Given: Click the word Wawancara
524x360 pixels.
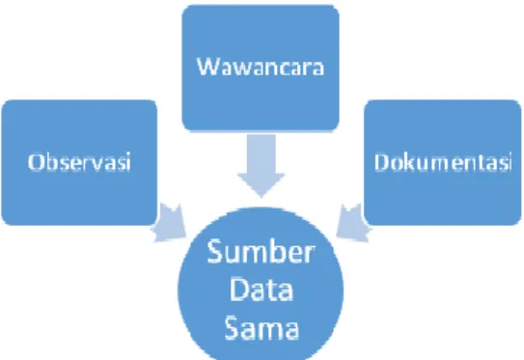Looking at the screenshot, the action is pos(261,67).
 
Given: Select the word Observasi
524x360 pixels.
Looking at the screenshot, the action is pos(79,162).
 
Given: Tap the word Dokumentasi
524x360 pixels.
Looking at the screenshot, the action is pos(443,162).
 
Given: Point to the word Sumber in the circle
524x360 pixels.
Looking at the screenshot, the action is pos(261,251).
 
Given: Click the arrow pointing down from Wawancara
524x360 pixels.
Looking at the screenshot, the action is pos(262,165).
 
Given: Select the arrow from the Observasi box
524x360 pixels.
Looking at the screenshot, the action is pos(170,223).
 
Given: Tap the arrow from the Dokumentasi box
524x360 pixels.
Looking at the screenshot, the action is pos(353,223).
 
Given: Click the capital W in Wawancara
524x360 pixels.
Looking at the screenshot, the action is pos(207,67).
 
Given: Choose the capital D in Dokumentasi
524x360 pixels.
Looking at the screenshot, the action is pos(382,162).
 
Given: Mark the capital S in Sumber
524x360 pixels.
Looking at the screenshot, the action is pos(215,251).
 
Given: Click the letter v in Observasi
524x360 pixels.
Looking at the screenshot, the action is pos(99,165).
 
